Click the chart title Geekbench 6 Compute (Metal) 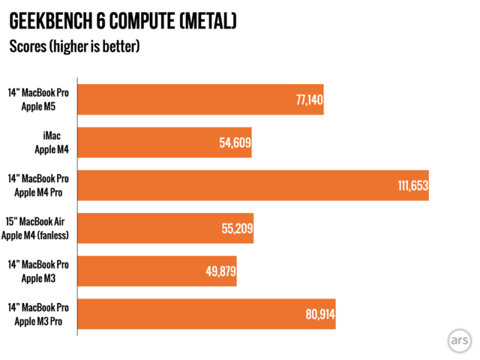point(123,19)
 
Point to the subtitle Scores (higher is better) point(74,46)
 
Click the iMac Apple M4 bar point(164,142)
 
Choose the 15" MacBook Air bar point(166,228)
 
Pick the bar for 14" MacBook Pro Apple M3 point(157,271)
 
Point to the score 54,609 point(234,142)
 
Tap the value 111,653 point(412,185)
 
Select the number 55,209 point(235,228)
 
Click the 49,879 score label point(219,271)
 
